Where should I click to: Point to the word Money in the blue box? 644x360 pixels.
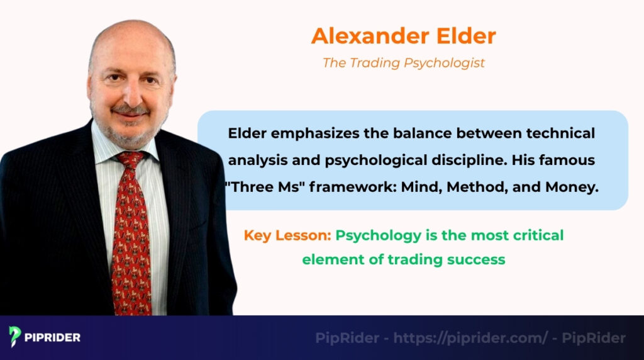[x=570, y=187]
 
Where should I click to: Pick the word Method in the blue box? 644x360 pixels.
[x=470, y=187]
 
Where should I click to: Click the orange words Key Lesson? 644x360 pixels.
[x=287, y=235]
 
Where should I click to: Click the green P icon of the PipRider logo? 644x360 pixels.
[x=16, y=337]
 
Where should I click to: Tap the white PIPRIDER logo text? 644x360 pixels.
[x=53, y=337]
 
